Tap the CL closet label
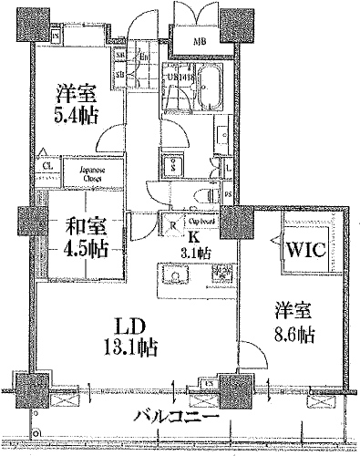[x=45, y=167]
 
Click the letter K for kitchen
[x=192, y=234]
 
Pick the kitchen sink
[x=173, y=274]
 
